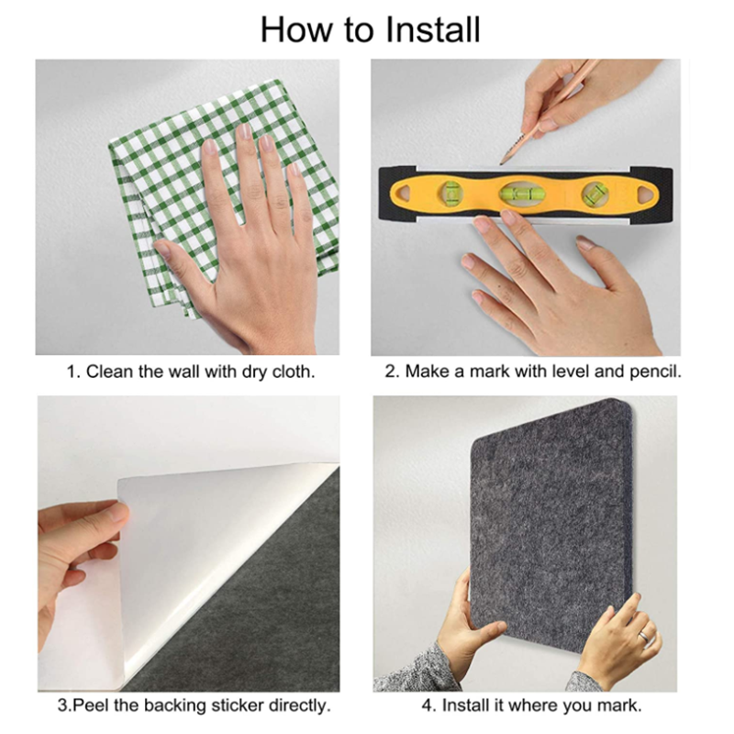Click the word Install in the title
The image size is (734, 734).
433,29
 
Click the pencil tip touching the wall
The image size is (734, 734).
501,163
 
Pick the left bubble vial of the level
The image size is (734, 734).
450,192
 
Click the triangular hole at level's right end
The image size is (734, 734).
647,193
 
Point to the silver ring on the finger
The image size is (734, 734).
645,637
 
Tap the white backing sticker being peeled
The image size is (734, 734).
206,552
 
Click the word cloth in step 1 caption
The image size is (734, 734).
294,372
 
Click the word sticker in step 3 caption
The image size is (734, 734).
238,705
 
